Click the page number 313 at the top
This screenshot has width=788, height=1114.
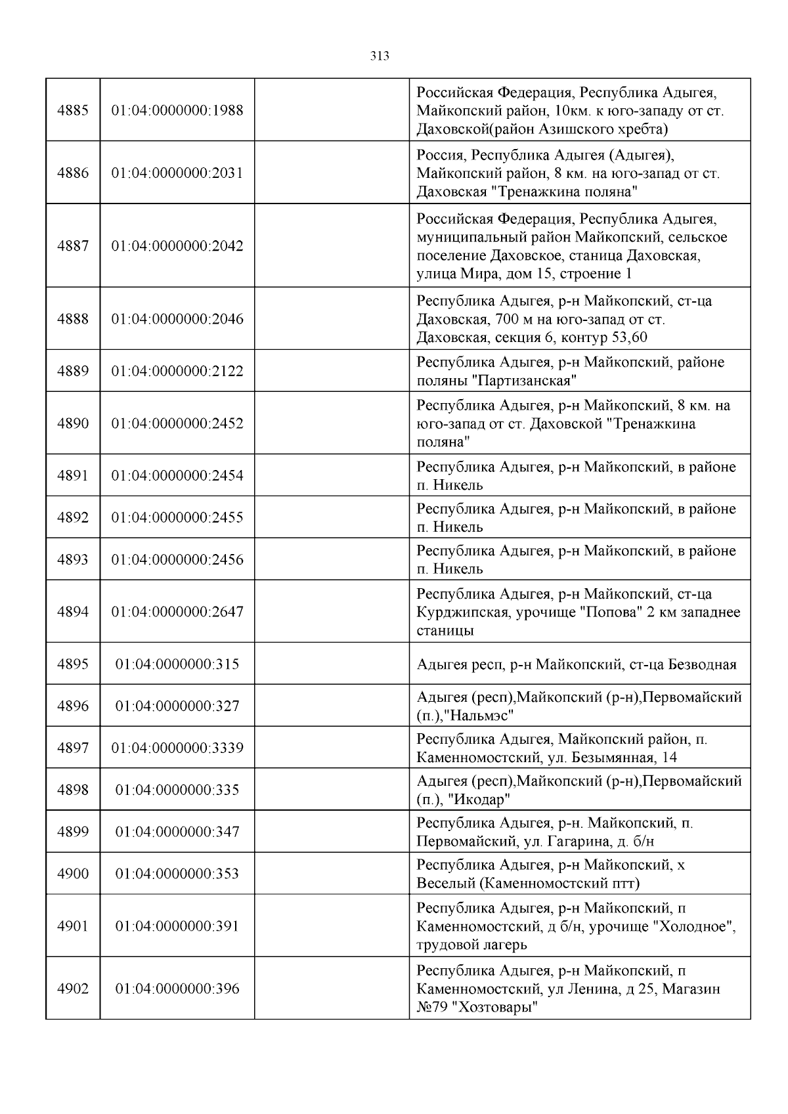click(x=380, y=56)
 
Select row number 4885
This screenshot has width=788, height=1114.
click(x=73, y=110)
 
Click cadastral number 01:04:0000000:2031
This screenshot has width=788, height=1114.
click(x=177, y=173)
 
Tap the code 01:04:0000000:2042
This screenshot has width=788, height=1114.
click(x=177, y=246)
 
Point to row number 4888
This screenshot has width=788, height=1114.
click(x=73, y=319)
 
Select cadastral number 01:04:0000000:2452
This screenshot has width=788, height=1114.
click(x=177, y=423)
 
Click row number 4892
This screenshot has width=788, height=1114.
click(x=73, y=518)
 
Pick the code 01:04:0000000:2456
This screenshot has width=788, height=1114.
click(x=177, y=560)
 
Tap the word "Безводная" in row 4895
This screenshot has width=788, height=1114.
click(x=702, y=664)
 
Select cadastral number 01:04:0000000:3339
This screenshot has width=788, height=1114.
click(x=177, y=748)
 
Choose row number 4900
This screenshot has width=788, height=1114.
click(x=73, y=874)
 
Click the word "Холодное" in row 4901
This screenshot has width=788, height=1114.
click(x=699, y=927)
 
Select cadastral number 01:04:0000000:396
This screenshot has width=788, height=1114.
click(x=177, y=989)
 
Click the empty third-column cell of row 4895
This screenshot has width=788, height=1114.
click(x=332, y=664)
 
